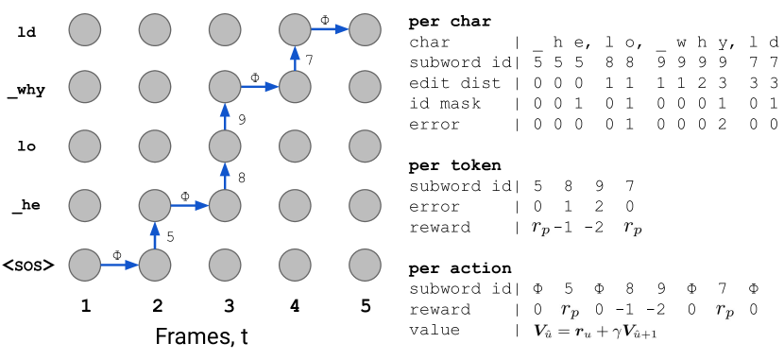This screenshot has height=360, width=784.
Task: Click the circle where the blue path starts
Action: tap(85, 265)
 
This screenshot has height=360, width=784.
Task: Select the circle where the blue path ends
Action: tap(365, 29)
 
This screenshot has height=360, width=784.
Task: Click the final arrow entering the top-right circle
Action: tap(330, 29)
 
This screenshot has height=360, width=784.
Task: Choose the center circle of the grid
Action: tap(225, 146)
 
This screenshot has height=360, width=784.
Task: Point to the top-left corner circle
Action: tap(85, 29)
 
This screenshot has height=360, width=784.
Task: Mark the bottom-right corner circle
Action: tap(365, 265)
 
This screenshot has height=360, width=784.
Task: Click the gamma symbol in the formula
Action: tap(615, 331)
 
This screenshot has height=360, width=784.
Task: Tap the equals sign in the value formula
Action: tap(563, 331)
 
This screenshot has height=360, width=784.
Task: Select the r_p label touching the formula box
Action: tap(570, 310)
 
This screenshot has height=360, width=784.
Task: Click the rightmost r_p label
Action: tap(724, 310)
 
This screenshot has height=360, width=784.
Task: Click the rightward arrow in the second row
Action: tap(260, 87)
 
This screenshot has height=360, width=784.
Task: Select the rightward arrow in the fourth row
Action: tap(190, 205)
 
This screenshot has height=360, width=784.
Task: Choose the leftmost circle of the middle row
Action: tap(85, 146)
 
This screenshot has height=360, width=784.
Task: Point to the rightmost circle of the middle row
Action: tap(365, 146)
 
